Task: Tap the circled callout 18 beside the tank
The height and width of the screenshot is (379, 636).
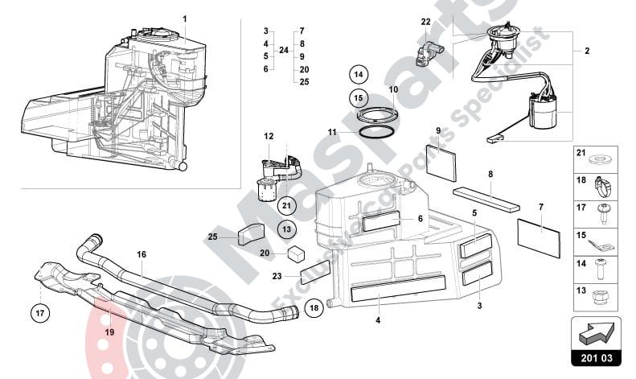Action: tap(314, 307)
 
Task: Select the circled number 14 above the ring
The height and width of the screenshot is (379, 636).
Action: tap(359, 75)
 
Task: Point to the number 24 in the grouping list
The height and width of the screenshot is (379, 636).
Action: tap(282, 50)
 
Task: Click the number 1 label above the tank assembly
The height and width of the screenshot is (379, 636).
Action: tap(184, 18)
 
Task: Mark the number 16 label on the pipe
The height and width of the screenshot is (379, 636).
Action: tap(141, 254)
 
